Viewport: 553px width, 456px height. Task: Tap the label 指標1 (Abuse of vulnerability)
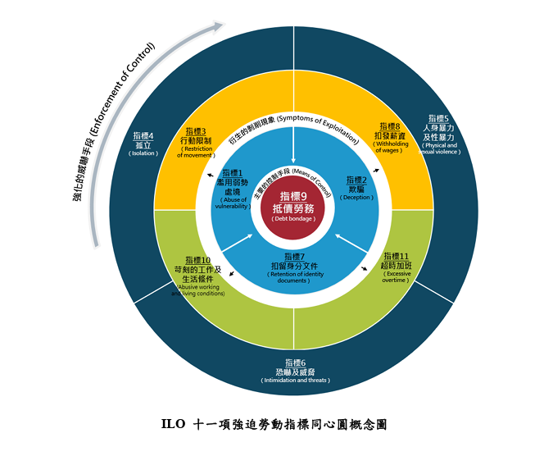coord(233,189)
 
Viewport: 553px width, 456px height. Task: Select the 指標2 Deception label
coord(356,188)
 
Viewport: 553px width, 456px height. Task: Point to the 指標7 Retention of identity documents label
coord(293,267)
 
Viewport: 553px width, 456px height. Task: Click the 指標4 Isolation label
coord(144,144)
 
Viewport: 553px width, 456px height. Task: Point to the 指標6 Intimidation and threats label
coord(295,372)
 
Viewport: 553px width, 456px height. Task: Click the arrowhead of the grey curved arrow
coord(217,27)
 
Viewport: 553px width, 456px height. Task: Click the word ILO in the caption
coord(173,425)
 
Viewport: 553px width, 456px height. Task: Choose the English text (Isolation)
coord(144,153)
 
